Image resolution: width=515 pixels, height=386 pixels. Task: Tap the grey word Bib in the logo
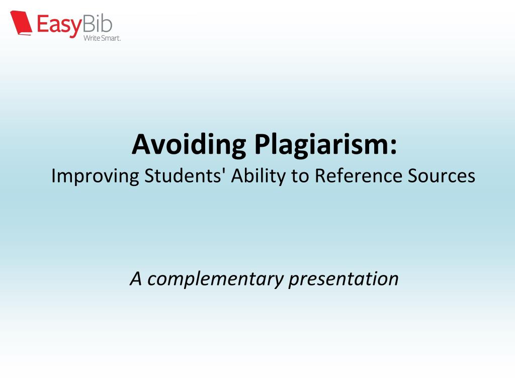pyautogui.click(x=98, y=22)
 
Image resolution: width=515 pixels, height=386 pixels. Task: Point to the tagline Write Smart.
pyautogui.click(x=102, y=38)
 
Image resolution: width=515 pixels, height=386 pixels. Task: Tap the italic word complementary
pyautogui.click(x=215, y=278)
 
